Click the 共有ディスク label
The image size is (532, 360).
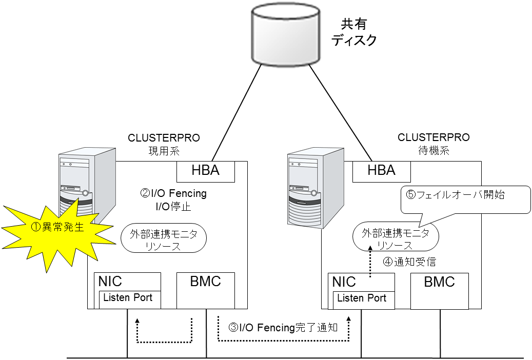pos(354,32)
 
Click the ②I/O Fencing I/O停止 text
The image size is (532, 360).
pos(173,200)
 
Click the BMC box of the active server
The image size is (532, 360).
pos(205,290)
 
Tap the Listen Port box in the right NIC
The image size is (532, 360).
pos(364,300)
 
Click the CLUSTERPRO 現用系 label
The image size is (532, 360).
pos(164,143)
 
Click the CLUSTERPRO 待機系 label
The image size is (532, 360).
pos(434,143)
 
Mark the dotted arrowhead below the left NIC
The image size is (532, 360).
pos(137,322)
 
